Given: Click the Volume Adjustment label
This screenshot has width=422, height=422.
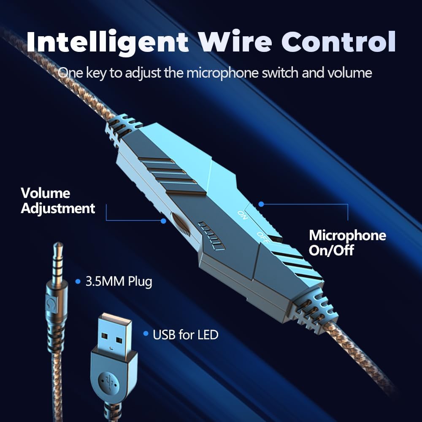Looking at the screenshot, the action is coord(58,201).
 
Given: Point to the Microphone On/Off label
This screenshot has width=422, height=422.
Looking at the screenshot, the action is coord(347,243).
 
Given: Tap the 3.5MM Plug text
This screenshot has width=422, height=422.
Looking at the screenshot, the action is coord(119,281).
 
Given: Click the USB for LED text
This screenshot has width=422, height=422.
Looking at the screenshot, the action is coord(185,335).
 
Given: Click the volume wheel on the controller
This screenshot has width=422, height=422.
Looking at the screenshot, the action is coord(181,224).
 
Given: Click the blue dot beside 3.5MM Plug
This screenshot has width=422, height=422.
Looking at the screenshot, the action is coord(78,281).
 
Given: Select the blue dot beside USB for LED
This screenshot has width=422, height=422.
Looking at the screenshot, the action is coord(146,334).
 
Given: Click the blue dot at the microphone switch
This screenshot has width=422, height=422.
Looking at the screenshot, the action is coord(261,204).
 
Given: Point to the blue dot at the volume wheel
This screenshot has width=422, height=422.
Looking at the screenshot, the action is coord(163,220).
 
